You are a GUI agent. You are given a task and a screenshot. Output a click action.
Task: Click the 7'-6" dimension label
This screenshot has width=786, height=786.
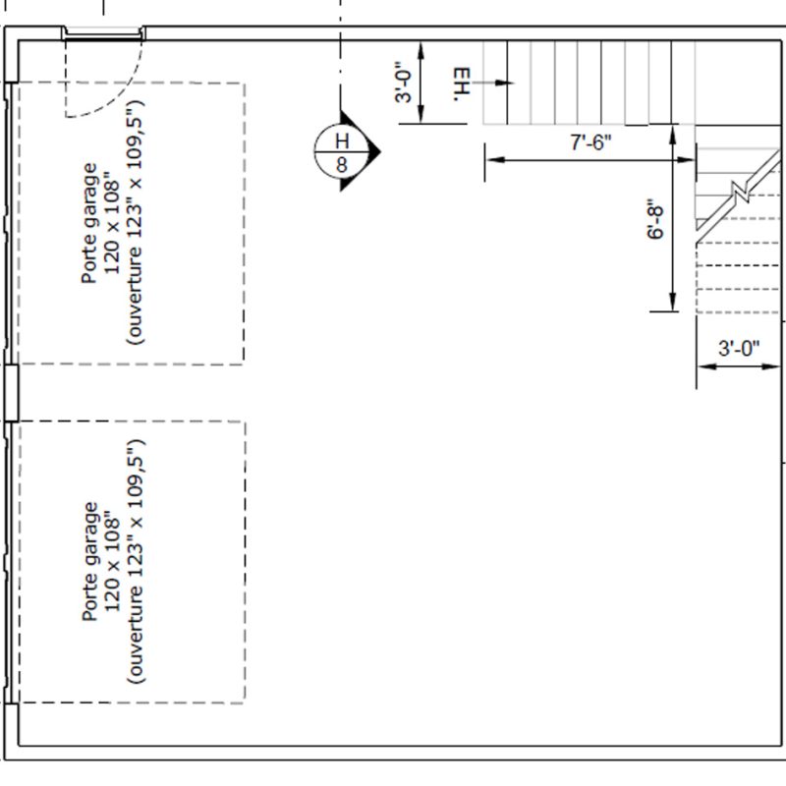(591, 142)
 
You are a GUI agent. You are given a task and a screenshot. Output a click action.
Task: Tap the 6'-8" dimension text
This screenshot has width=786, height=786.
(655, 219)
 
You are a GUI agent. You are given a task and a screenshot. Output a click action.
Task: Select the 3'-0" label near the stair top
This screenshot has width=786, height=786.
(404, 83)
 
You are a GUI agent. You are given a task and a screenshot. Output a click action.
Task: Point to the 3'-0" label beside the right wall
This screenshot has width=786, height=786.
(739, 348)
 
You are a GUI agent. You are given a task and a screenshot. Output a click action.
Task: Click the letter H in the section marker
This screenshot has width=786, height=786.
(342, 140)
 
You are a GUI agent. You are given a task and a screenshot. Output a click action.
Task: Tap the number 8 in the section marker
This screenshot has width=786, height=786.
(342, 164)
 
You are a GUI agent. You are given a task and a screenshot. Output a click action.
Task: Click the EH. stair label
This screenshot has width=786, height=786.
(463, 84)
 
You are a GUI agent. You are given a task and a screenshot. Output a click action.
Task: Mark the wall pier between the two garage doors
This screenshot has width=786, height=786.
(12, 392)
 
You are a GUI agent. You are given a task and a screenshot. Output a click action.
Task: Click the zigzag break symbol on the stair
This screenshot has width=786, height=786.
(741, 190)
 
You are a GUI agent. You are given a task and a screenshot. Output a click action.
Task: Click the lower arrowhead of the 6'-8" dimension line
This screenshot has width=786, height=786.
(673, 303)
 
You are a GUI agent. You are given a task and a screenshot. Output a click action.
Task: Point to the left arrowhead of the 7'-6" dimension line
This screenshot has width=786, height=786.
(495, 160)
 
